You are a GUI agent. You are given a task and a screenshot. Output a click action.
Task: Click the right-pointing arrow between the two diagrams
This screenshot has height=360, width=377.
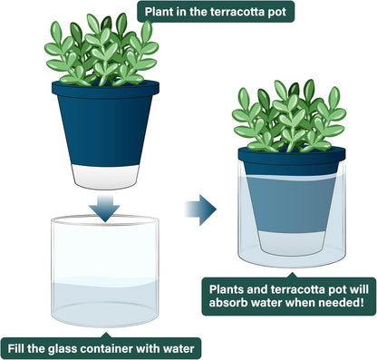[x=201, y=209]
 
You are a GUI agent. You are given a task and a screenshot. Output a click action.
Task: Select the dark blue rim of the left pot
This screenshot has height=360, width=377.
[x=105, y=89]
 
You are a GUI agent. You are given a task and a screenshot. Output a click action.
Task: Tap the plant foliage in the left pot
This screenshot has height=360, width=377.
[x=100, y=50]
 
